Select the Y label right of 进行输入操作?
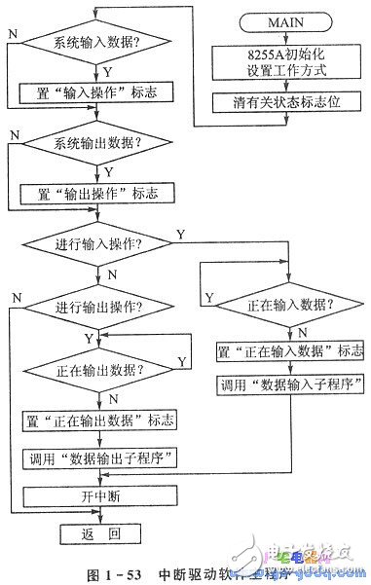(179, 235)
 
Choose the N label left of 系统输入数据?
(12, 33)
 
